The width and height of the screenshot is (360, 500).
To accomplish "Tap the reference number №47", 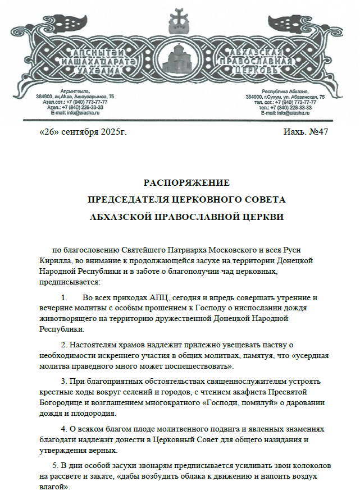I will point(318,132).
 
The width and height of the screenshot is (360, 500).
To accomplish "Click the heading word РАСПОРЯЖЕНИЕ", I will point(186,182).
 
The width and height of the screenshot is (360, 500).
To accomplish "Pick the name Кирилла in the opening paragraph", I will point(55,261).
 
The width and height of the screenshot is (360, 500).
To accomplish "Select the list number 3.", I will point(64,381).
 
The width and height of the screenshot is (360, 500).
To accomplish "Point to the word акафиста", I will point(261,391).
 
